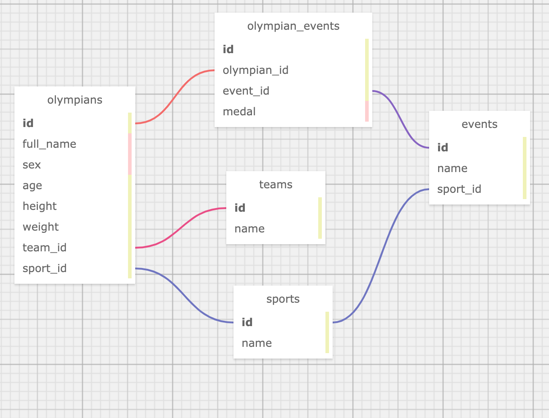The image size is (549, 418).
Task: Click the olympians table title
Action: (x=75, y=100)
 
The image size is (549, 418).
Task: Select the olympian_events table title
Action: (x=293, y=26)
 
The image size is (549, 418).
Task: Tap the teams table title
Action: (x=276, y=185)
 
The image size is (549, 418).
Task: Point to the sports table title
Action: (x=283, y=299)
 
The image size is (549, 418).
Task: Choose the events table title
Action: (x=480, y=124)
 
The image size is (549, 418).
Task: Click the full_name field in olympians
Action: (x=50, y=144)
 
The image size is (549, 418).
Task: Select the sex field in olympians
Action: (x=32, y=165)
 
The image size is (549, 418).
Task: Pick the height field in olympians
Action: (x=40, y=206)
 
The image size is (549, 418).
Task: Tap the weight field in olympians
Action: (x=41, y=227)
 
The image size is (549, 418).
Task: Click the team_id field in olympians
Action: (x=45, y=248)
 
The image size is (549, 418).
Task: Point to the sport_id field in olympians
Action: (x=45, y=268)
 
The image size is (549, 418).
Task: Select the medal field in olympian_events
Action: (x=239, y=112)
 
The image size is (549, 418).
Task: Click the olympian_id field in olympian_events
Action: (x=256, y=70)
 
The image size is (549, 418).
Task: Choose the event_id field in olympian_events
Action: (x=246, y=91)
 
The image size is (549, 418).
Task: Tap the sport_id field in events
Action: (x=459, y=189)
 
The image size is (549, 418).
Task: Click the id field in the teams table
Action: (x=240, y=208)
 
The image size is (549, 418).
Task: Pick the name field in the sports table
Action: (x=257, y=343)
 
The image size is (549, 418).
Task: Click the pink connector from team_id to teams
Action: (x=180, y=228)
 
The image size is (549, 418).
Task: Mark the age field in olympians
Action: (x=32, y=186)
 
